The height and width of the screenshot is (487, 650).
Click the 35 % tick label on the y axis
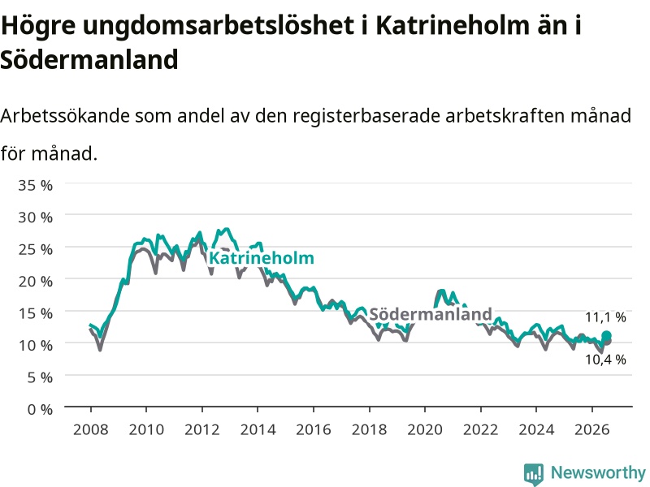coord(35,185)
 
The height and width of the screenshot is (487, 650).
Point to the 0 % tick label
coord(40,410)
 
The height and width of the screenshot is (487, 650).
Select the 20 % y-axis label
coord(35,281)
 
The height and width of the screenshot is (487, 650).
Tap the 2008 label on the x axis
coord(91,429)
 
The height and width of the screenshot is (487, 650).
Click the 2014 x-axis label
coord(258,429)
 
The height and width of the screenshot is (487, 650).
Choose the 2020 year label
coord(425,429)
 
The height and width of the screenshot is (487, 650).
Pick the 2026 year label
coord(592,429)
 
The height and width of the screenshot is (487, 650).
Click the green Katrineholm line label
coord(262,258)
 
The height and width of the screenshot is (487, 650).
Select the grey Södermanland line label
coord(431,314)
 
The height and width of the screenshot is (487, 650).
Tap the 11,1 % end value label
coord(605,317)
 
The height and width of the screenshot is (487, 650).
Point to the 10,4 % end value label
coord(605,360)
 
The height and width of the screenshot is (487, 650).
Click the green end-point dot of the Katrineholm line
coord(606,335)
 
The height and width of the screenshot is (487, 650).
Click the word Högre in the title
coord(38,26)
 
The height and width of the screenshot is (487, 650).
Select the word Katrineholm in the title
coord(453,25)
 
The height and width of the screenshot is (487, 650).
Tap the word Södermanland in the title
coord(89,59)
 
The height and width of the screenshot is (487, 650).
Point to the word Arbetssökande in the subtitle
coord(65,115)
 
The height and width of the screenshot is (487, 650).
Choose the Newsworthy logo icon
coord(534,474)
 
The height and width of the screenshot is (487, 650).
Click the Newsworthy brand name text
coord(598,472)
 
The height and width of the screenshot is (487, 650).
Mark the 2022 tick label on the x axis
coord(480,429)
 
